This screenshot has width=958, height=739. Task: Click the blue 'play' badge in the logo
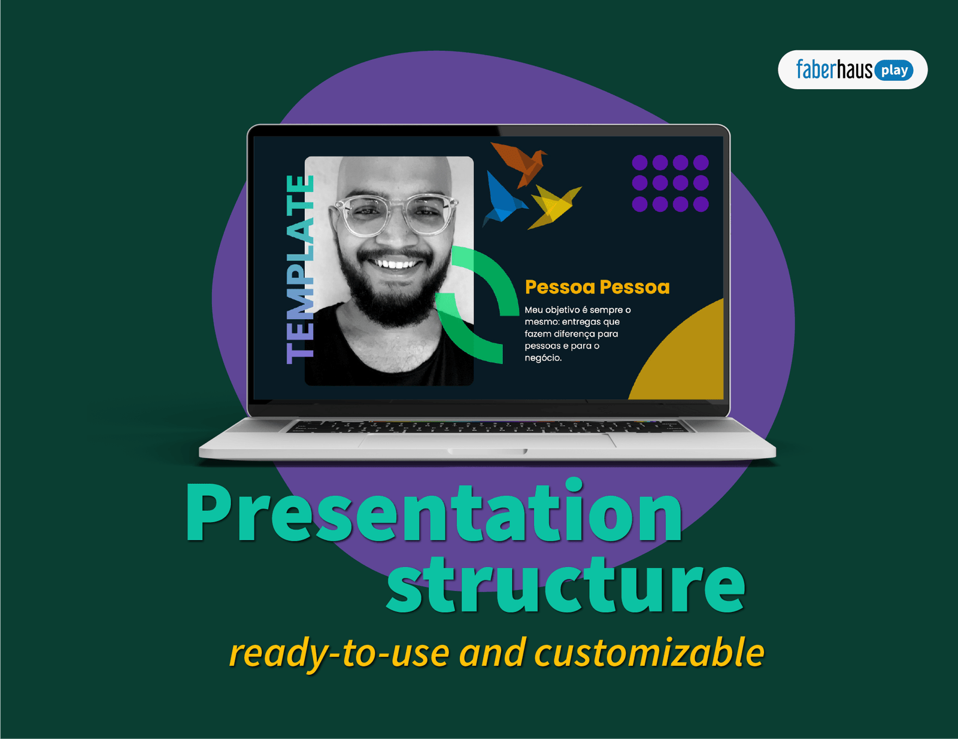click(894, 71)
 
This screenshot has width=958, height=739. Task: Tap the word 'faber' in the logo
click(815, 70)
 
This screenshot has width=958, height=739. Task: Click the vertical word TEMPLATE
click(300, 269)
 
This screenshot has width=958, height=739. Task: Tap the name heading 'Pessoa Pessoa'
click(597, 287)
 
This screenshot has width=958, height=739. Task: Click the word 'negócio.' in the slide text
click(543, 358)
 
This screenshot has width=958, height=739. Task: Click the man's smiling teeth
click(394, 264)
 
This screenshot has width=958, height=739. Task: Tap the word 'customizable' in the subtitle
click(649, 653)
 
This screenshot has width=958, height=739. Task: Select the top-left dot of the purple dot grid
click(639, 162)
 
